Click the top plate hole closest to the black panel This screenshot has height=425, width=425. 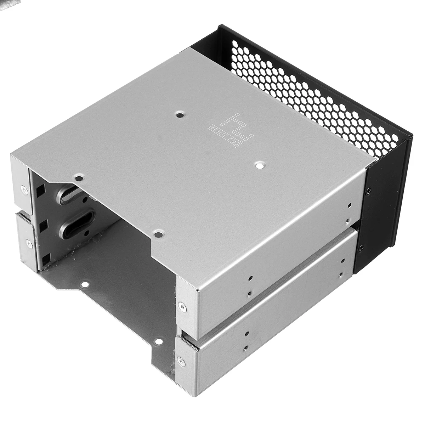click(x=260, y=164)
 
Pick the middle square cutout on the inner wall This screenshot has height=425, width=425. click(x=44, y=224)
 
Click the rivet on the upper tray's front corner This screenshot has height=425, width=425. click(x=181, y=304)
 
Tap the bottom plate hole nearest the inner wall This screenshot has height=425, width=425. click(x=85, y=284)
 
